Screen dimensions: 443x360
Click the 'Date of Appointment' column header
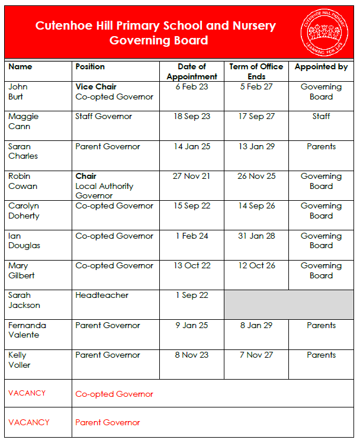pos(192,72)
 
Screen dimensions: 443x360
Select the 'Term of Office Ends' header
pos(256,72)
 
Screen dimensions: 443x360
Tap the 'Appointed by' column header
pos(321,67)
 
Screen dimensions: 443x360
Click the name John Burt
pos(18,92)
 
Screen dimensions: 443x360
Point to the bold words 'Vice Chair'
pos(96,87)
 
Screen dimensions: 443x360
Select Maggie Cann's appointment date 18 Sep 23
pos(192,117)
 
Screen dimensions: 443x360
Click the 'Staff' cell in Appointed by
pos(321,117)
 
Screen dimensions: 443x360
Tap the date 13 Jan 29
pos(256,147)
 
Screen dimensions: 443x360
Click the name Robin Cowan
pos(22,181)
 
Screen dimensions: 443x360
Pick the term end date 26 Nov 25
pos(256,176)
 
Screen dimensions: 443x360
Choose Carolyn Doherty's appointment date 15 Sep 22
pos(192,206)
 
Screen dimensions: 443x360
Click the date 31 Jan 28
pos(256,236)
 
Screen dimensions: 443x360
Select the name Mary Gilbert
pos(21,271)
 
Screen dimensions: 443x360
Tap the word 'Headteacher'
pos(102,296)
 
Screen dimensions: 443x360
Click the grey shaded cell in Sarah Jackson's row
pos(288,304)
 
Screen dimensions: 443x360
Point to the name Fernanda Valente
pos(27,330)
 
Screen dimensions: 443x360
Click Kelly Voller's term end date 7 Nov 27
pos(256,355)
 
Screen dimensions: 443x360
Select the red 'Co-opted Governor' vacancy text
pos(114,394)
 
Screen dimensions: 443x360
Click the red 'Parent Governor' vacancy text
pos(108,423)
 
